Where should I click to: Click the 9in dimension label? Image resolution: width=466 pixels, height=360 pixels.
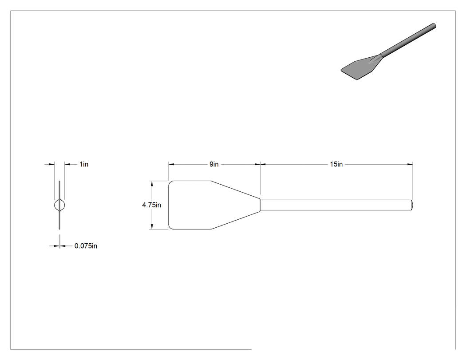tap(214, 164)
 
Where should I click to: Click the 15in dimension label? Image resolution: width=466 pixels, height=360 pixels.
tap(336, 164)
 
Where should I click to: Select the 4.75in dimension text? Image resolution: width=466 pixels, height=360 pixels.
tap(152, 205)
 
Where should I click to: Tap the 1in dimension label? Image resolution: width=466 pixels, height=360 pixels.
tap(84, 164)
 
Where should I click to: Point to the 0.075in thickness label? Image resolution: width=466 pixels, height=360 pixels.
tap(86, 246)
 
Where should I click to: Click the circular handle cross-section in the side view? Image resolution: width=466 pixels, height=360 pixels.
tap(59, 205)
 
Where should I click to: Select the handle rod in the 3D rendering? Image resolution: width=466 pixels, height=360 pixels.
tap(408, 40)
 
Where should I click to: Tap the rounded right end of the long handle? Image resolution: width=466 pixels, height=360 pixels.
tap(412, 205)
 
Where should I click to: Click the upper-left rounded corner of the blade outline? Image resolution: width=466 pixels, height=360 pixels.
tap(170, 182)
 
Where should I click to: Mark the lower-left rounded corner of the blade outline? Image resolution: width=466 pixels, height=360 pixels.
tap(170, 228)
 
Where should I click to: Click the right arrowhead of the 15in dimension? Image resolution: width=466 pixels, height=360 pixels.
tap(411, 164)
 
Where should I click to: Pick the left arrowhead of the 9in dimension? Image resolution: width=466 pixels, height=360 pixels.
tap(171, 164)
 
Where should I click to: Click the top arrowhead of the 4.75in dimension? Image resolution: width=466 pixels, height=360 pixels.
tap(152, 183)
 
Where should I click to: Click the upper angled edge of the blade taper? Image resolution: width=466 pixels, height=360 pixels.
tap(235, 190)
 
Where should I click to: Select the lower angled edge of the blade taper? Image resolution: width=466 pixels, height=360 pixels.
tap(235, 220)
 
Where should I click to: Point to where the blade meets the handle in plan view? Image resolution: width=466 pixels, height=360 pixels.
tap(261, 205)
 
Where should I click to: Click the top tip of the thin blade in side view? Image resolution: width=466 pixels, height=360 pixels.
tap(59, 181)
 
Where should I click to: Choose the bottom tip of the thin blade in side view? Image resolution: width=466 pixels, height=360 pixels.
tap(59, 229)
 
